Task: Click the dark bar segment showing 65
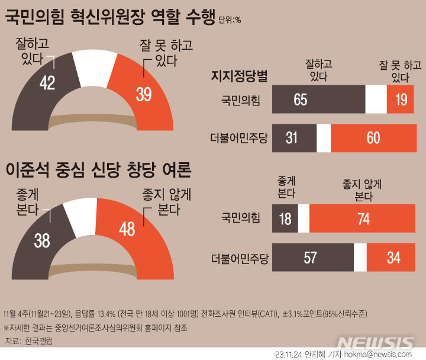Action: point(318,99)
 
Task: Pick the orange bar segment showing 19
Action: point(401,99)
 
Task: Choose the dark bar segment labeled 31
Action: point(295,137)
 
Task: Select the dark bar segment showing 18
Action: point(285,218)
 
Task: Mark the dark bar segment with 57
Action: point(312,258)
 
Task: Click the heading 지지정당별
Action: point(239,76)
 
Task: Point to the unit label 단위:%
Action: point(230,20)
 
